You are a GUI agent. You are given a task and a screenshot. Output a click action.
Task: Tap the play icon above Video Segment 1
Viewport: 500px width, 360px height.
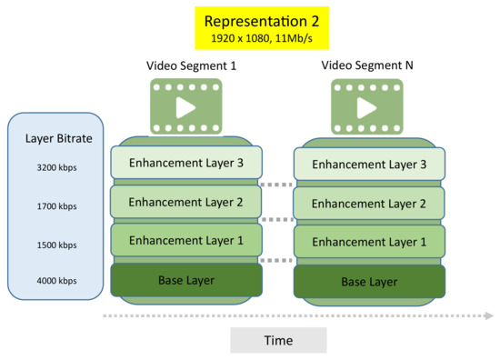coord(185,107)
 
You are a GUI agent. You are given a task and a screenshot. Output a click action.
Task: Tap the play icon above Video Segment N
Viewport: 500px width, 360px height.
coord(367,107)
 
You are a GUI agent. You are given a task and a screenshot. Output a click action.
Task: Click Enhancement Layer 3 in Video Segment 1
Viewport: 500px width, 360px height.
coord(185,163)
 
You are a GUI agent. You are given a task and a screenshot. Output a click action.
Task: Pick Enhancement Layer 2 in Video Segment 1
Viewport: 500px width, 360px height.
coord(185,202)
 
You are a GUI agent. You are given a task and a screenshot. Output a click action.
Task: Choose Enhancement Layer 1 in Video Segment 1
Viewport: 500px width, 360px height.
coord(185,240)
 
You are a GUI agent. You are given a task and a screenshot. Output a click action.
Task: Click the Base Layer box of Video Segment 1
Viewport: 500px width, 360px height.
coord(185,279)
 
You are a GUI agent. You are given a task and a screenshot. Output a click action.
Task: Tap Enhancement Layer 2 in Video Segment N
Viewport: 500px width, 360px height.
coord(368,204)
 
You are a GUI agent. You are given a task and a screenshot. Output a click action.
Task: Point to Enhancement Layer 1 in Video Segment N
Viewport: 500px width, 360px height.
coord(368,242)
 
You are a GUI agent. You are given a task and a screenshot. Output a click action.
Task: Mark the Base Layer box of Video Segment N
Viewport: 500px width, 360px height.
coord(368,282)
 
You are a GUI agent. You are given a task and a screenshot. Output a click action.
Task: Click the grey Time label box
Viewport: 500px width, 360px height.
coord(277,340)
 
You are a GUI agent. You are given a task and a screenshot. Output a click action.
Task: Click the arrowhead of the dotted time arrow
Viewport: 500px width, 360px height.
coord(489,316)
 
